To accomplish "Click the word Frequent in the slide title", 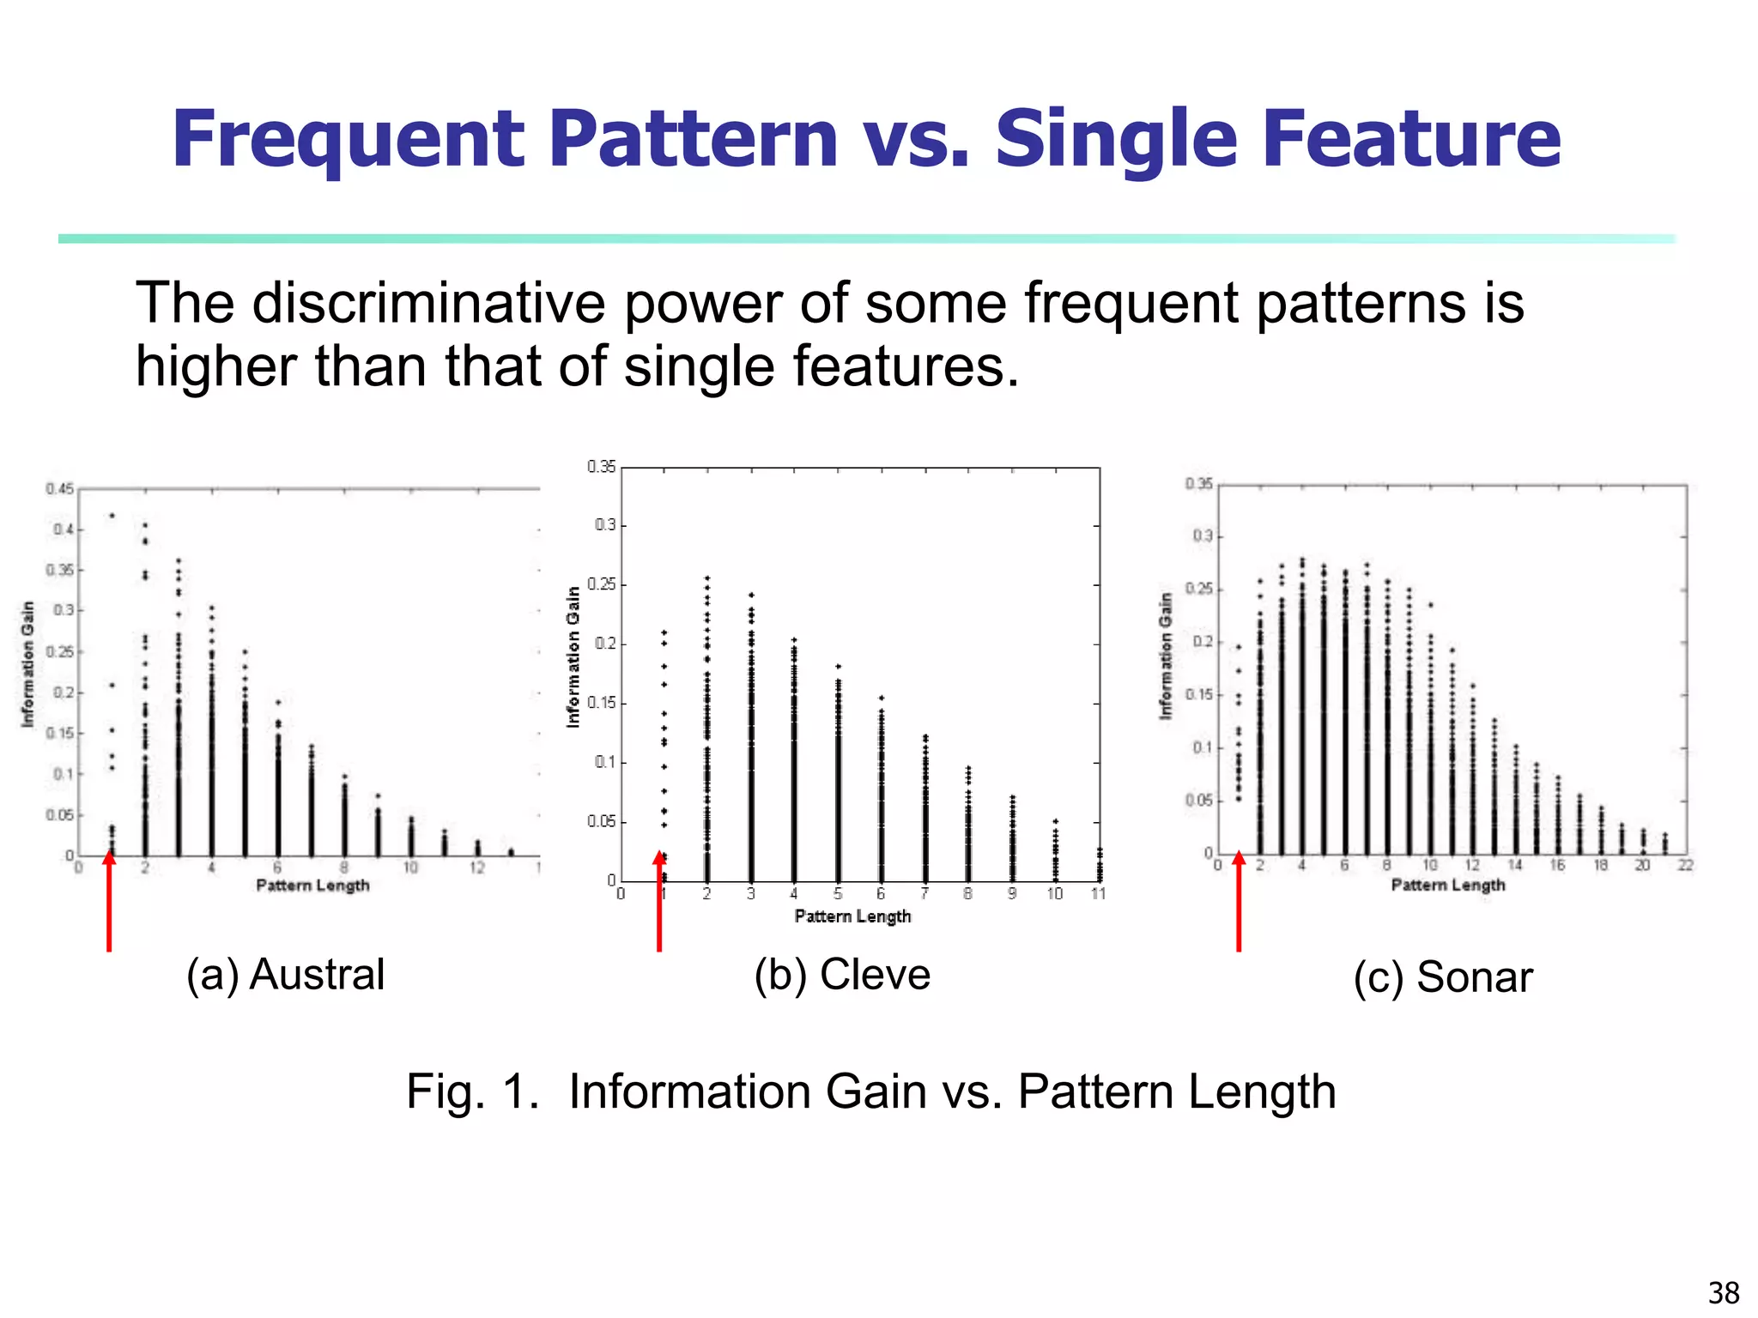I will (348, 139).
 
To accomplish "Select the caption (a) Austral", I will (285, 975).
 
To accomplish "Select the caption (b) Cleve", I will (842, 975).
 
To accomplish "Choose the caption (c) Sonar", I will (1443, 977).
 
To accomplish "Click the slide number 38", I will (1723, 1292).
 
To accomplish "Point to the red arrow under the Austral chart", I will (109, 901).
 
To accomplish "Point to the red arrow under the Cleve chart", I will (659, 901).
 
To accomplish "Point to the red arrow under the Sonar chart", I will (1239, 901).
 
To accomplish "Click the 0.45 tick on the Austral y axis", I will (60, 489).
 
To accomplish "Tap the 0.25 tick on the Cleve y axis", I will (601, 585).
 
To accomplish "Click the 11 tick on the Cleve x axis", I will (1098, 894).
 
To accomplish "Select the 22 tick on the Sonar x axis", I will (1685, 866).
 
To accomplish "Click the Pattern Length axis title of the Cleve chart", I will (852, 916).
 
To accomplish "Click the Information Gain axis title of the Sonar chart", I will (1165, 656).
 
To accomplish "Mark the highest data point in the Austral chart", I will (112, 516).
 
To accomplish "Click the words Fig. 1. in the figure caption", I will (472, 1092).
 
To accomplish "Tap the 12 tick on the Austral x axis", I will (477, 868).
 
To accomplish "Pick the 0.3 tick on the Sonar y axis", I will (1202, 536).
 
